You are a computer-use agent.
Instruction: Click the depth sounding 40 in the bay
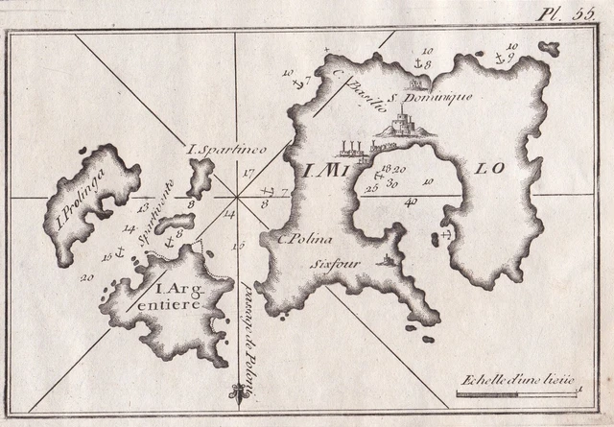click(x=411, y=202)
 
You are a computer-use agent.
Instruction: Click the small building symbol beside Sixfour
click(x=387, y=260)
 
